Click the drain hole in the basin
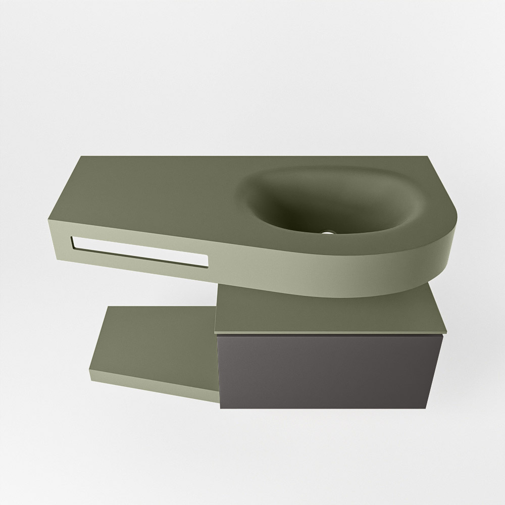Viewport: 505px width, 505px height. pyautogui.click(x=329, y=233)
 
